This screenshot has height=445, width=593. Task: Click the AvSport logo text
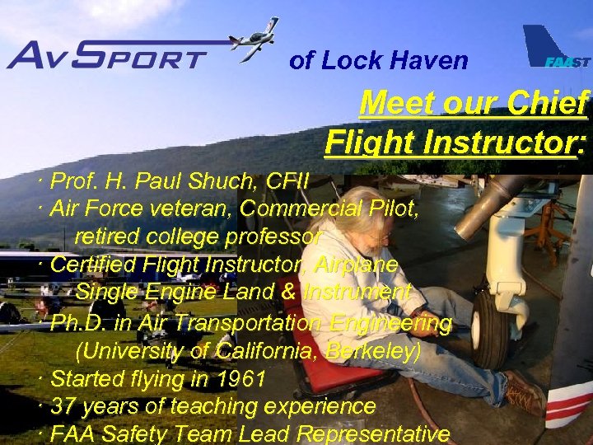coord(107,56)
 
